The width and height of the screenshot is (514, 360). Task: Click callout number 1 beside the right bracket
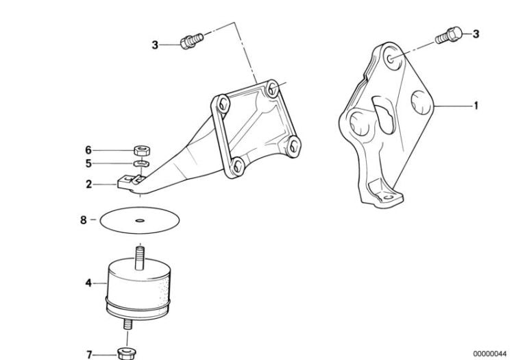point(475,106)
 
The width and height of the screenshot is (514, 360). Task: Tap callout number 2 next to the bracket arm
point(89,184)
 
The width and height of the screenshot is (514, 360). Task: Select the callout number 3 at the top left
point(156,45)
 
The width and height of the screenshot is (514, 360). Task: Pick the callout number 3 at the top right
point(476,33)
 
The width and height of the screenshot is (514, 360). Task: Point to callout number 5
point(88,164)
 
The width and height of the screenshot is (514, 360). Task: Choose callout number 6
point(88,149)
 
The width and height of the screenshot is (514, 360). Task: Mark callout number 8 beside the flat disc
point(84,220)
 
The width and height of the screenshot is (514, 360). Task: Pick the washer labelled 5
point(141,164)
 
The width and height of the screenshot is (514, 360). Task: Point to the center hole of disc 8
point(139,221)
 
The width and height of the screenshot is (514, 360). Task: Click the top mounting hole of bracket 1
point(389,60)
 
